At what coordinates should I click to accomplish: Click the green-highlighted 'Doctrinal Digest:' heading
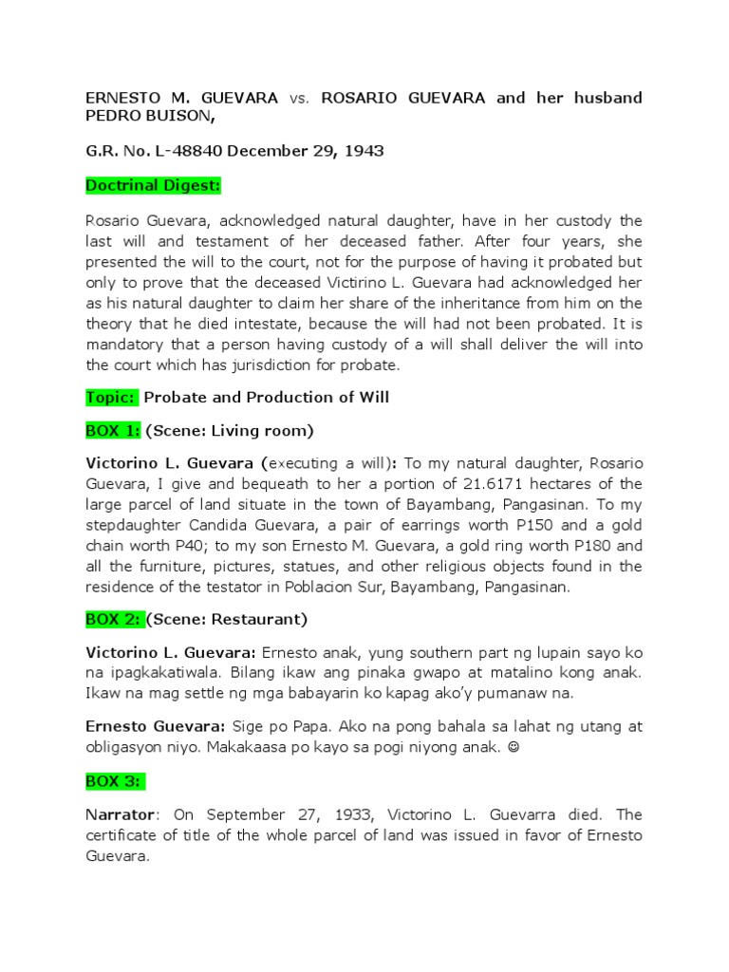153,186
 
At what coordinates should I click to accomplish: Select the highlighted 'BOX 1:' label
113,430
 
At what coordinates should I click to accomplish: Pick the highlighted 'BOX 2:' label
114,619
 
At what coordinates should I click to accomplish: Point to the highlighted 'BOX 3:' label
114,781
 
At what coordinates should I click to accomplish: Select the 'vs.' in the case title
299,98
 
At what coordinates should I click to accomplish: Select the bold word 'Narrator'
120,815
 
